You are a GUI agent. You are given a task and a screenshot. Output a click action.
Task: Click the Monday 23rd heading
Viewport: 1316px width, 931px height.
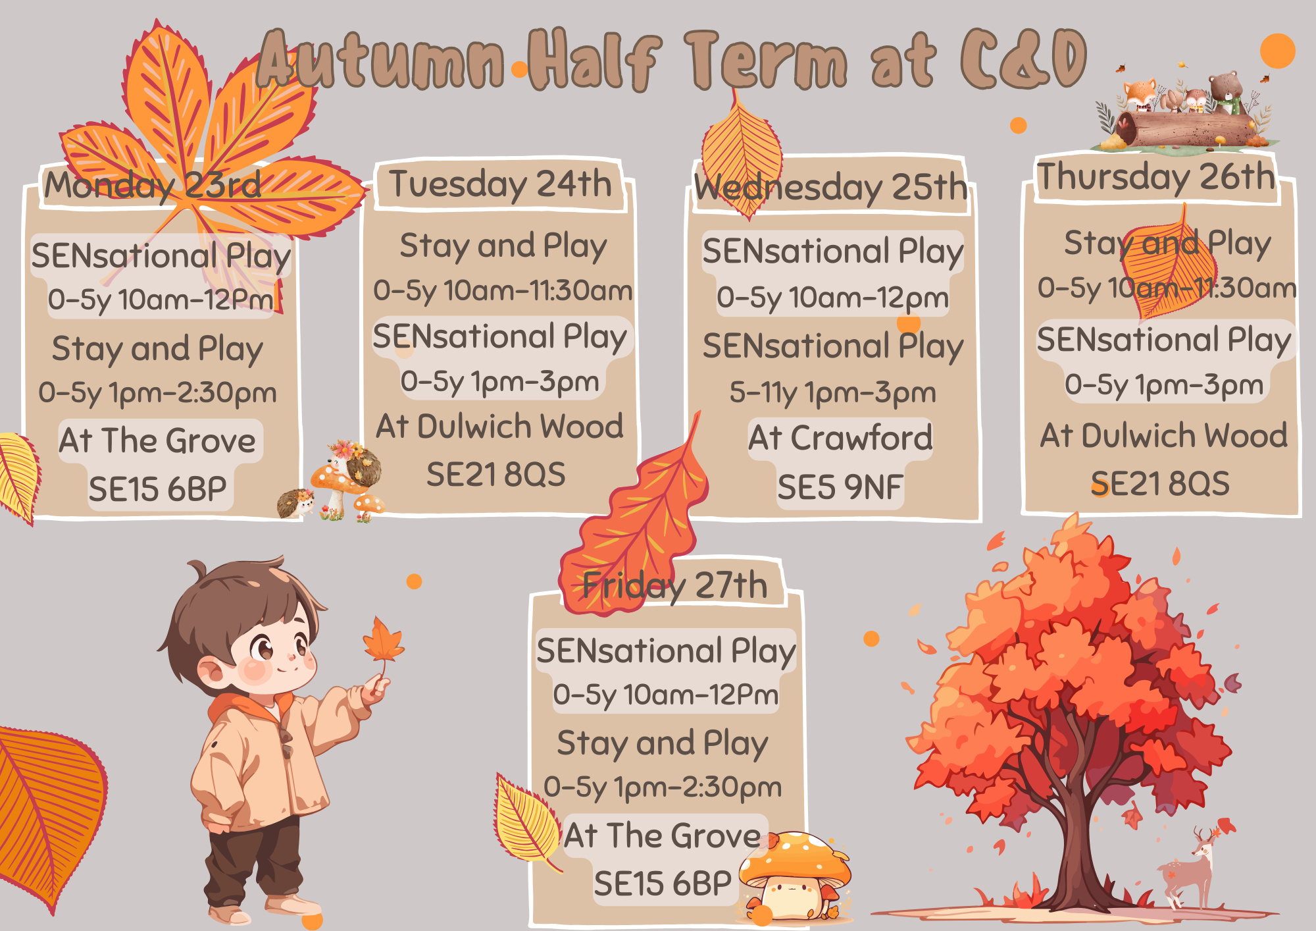pyautogui.click(x=153, y=185)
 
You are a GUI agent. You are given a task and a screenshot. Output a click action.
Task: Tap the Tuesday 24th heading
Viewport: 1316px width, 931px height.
pyautogui.click(x=500, y=184)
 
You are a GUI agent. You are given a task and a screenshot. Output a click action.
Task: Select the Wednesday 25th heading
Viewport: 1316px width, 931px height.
pyautogui.click(x=830, y=188)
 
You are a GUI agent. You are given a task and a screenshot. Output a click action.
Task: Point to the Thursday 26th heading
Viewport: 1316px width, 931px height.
pyautogui.click(x=1156, y=176)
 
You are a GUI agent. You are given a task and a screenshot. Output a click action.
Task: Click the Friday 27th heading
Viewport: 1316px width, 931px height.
pyautogui.click(x=675, y=585)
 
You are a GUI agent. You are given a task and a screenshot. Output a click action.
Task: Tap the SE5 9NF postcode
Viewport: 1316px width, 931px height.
pyautogui.click(x=840, y=488)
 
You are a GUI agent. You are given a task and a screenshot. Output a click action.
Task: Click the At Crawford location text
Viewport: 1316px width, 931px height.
pyautogui.click(x=840, y=438)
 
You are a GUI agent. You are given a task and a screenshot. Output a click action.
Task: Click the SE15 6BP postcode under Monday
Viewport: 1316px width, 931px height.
pyautogui.click(x=157, y=490)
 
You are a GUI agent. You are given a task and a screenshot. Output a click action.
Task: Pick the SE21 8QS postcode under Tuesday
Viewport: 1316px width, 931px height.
pyautogui.click(x=495, y=475)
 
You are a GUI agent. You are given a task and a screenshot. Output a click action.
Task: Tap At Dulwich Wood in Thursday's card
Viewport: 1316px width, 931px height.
pyautogui.click(x=1163, y=436)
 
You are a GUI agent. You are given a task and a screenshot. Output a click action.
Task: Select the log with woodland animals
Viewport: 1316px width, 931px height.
pyautogui.click(x=1184, y=115)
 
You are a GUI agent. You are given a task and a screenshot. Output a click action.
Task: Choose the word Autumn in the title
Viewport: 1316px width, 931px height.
pyautogui.click(x=380, y=61)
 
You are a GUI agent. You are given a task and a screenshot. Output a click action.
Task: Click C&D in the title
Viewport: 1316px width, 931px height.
pyautogui.click(x=1023, y=59)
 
